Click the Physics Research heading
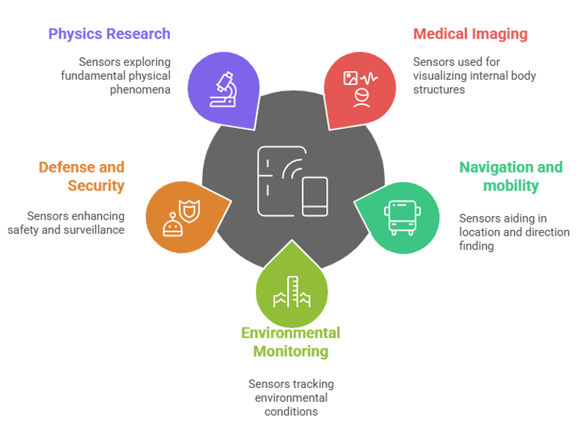[109, 34]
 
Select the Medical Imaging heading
[471, 34]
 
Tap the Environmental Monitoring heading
[290, 342]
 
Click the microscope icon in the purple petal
[224, 89]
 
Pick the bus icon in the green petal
[402, 217]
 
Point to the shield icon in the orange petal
[189, 211]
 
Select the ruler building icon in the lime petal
[292, 292]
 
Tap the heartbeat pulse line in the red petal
[369, 78]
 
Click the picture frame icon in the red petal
[350, 78]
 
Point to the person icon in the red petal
[361, 98]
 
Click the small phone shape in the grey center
[314, 196]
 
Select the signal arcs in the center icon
[292, 169]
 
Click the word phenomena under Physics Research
[140, 90]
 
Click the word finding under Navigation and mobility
[476, 246]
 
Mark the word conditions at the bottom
[291, 411]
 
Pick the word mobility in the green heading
[511, 185]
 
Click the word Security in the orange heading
[96, 185]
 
